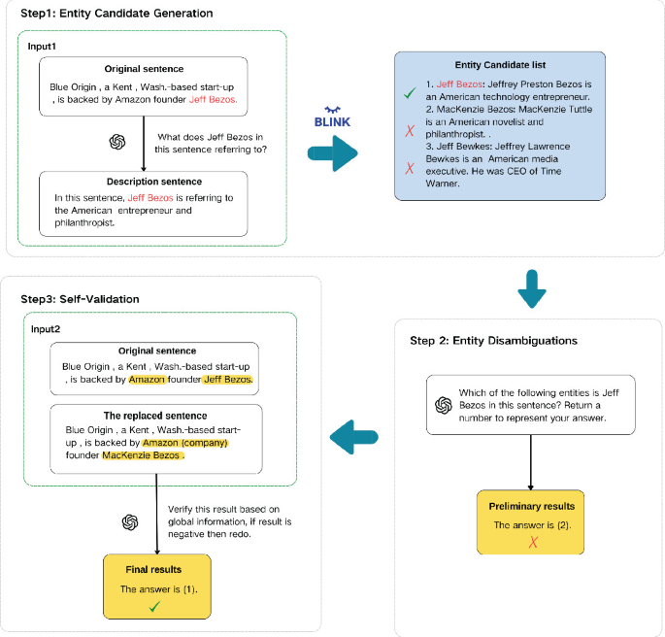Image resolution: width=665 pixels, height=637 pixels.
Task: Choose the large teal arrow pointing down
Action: tap(530, 288)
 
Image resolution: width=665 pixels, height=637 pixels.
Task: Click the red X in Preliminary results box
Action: tap(532, 542)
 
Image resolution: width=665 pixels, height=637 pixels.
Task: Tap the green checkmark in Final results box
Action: tap(153, 607)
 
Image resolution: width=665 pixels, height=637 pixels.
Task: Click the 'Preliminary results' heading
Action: tap(530, 506)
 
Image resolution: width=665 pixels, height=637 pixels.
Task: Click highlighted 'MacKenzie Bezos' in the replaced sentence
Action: tap(141, 454)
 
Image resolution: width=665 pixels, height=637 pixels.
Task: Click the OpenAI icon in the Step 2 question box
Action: tap(443, 404)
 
